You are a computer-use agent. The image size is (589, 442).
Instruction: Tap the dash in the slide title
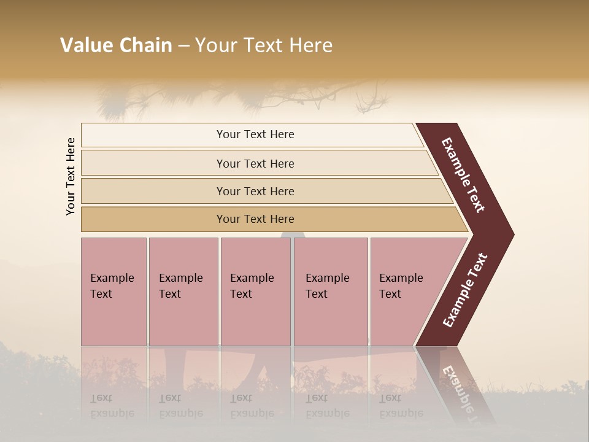[x=183, y=46]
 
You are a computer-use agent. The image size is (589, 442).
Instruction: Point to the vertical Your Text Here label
[x=71, y=176]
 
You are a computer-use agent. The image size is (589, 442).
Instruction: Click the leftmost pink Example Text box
[x=114, y=292]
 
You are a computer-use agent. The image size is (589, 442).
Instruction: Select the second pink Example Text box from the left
[x=183, y=292]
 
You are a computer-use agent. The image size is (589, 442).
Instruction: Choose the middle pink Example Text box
[x=255, y=292]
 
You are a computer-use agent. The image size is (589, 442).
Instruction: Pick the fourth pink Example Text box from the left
[x=330, y=292]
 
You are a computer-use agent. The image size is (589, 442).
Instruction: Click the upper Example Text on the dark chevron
[x=464, y=175]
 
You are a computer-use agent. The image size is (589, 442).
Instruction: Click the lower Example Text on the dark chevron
[x=465, y=290]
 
